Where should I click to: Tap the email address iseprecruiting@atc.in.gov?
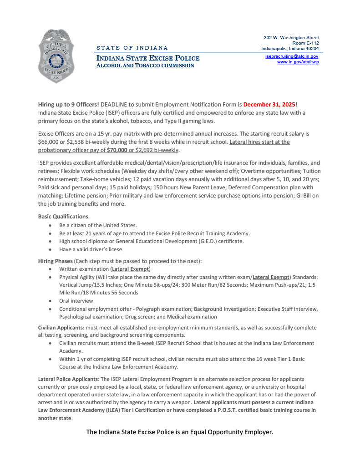(291, 56)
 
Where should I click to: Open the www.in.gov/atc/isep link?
(298, 61)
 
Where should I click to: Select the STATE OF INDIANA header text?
(132, 48)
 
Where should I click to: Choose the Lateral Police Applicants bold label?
(67, 379)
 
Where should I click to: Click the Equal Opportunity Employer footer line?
(180, 431)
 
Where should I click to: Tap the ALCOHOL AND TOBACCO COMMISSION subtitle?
(145, 66)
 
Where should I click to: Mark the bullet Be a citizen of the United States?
(98, 225)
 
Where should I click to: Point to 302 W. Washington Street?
(291, 37)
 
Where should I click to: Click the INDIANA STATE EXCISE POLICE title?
(147, 58)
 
